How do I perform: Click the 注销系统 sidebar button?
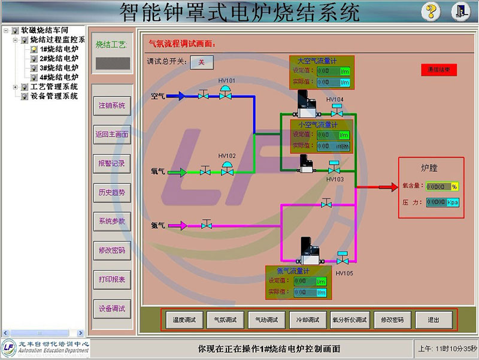111,105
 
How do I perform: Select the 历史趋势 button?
111,192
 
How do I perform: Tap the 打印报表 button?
111,279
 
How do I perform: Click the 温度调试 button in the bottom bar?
184,320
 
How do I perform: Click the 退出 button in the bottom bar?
434,320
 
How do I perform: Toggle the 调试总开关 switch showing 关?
202,62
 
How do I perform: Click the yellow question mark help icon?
431,11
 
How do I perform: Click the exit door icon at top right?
459,11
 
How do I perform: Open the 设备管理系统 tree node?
54,96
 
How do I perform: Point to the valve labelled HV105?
343,259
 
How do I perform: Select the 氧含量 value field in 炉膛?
441,186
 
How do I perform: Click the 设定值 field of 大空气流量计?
332,71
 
